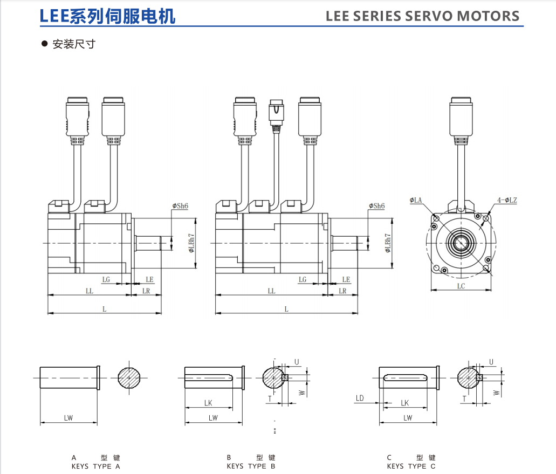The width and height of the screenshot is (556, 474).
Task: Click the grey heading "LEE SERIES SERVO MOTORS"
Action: [x=422, y=16]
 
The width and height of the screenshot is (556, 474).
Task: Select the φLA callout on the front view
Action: [x=415, y=200]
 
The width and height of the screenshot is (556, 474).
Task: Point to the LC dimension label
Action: [x=461, y=286]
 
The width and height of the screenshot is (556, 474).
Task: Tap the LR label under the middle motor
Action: [x=342, y=291]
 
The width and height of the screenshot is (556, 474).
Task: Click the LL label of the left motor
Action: [x=90, y=291]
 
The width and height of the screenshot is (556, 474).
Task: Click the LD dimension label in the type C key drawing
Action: [x=360, y=398]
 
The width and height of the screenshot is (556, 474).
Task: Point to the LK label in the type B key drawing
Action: [x=208, y=403]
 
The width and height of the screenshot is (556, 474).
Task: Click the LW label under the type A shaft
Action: [x=68, y=418]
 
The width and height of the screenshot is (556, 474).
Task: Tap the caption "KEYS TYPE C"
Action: [x=411, y=466]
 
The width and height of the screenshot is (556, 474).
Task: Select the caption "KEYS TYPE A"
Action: [x=96, y=466]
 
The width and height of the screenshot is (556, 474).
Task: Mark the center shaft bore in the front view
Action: [x=461, y=243]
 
